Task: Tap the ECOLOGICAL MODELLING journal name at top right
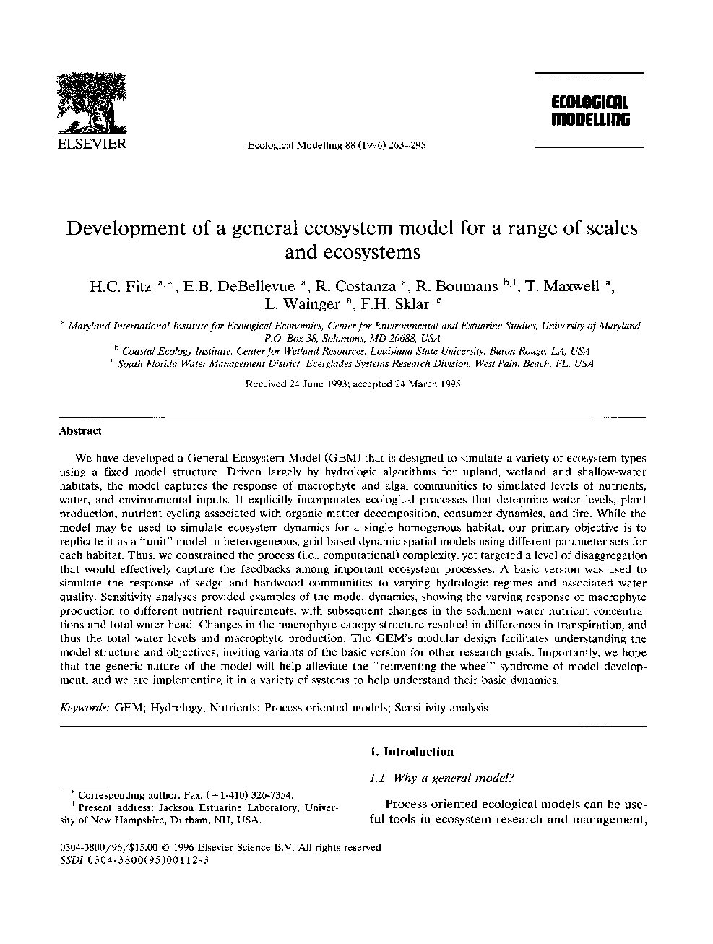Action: click(x=589, y=111)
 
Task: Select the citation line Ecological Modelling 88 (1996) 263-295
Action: click(x=336, y=144)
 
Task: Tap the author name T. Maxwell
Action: click(x=564, y=286)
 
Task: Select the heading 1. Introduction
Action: click(x=411, y=752)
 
